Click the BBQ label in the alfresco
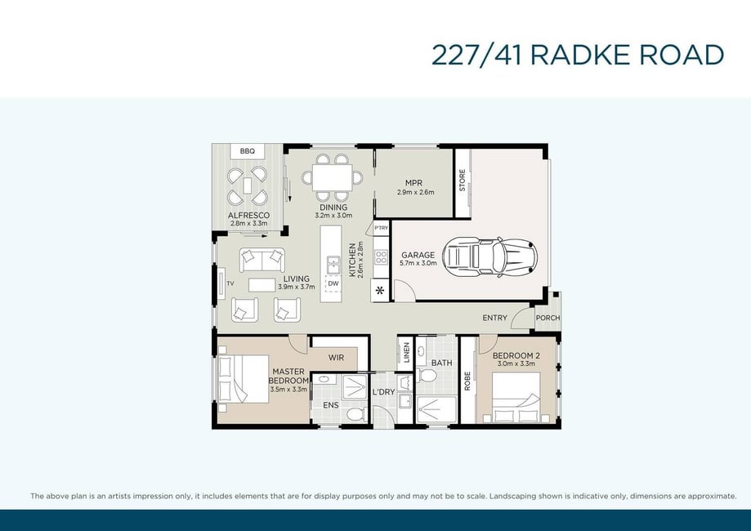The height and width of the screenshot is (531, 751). pyautogui.click(x=247, y=151)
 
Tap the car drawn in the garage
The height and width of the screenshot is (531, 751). pyautogui.click(x=489, y=257)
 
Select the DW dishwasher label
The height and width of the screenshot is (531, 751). pyautogui.click(x=333, y=283)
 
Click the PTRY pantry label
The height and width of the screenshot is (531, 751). pyautogui.click(x=382, y=228)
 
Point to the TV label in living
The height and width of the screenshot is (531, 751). pyautogui.click(x=230, y=283)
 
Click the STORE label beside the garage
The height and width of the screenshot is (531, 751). pyautogui.click(x=463, y=180)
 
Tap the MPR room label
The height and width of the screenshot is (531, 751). pyautogui.click(x=413, y=183)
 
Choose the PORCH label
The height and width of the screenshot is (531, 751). pyautogui.click(x=548, y=318)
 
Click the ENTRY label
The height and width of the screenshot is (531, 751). pyautogui.click(x=494, y=318)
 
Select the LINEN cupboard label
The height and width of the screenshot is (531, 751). pyautogui.click(x=407, y=352)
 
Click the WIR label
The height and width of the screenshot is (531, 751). pyautogui.click(x=336, y=358)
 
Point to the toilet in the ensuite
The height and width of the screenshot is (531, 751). pyautogui.click(x=356, y=413)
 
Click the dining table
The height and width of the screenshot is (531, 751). pyautogui.click(x=333, y=177)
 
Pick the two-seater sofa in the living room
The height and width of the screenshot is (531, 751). pyautogui.click(x=262, y=260)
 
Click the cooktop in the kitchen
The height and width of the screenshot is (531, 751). pyautogui.click(x=382, y=257)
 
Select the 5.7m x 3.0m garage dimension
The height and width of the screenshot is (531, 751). pyautogui.click(x=418, y=263)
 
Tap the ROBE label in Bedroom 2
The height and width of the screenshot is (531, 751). pyautogui.click(x=467, y=381)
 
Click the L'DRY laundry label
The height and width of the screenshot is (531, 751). pyautogui.click(x=383, y=391)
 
